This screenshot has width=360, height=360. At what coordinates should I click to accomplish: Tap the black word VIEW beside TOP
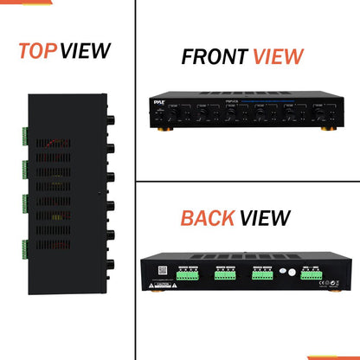click(x=87, y=51)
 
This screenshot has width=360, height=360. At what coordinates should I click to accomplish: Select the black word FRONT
click(x=213, y=58)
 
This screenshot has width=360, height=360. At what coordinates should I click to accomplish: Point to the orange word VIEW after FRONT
click(x=277, y=58)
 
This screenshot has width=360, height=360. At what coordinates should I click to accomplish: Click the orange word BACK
click(x=207, y=218)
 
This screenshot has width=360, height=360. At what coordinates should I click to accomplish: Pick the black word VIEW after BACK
click(x=264, y=218)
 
